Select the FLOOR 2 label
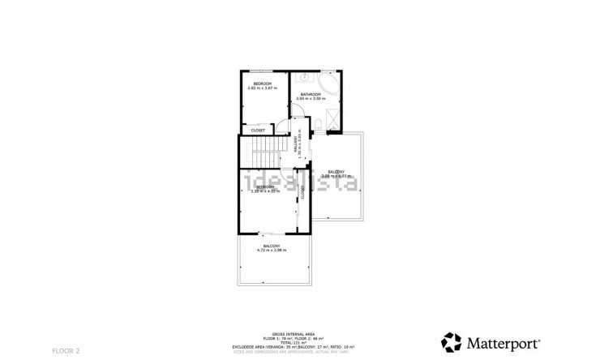click(66, 350)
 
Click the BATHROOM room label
click(311, 94)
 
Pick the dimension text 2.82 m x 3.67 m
click(262, 88)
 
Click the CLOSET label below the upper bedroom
click(258, 130)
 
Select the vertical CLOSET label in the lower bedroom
click(302, 192)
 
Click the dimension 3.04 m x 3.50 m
click(311, 99)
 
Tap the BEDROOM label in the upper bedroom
click(262, 84)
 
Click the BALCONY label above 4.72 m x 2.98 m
click(272, 246)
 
